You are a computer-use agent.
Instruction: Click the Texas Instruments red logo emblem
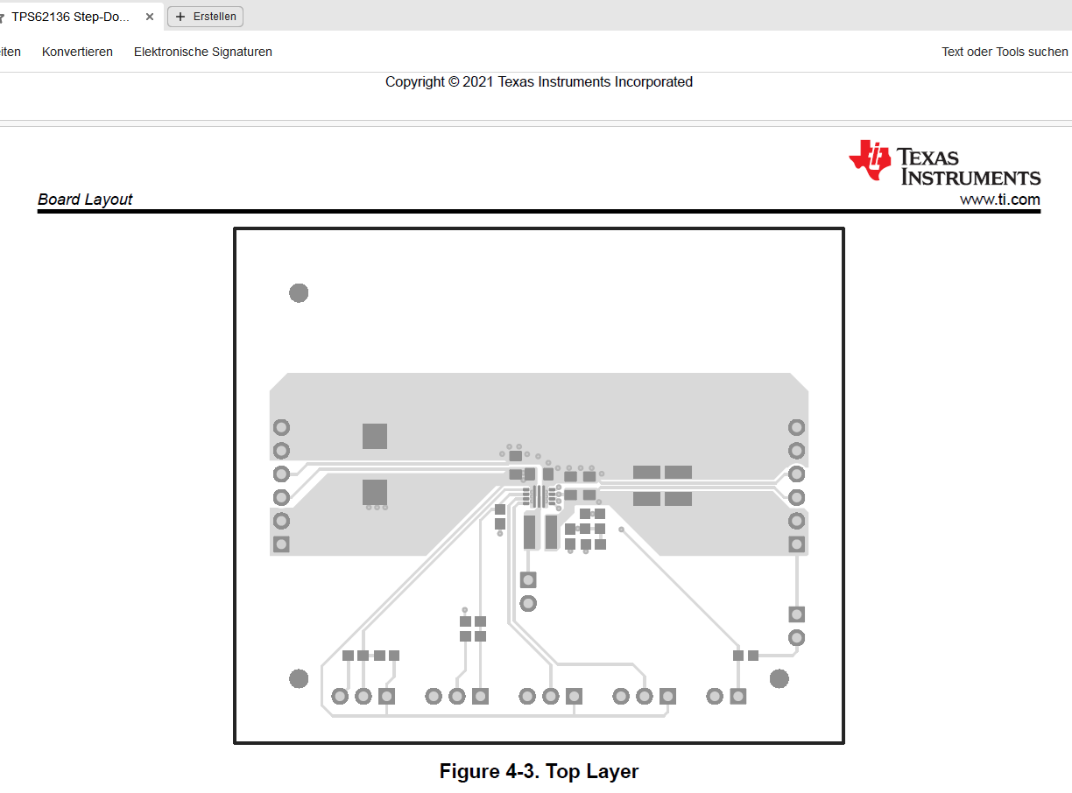point(870,160)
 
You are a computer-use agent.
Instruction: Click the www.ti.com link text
point(999,199)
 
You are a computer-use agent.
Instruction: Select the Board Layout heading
point(85,199)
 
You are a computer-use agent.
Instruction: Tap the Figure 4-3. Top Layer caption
point(539,771)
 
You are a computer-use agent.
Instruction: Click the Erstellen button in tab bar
point(206,17)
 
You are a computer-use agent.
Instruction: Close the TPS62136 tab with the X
point(150,17)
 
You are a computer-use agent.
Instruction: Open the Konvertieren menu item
point(77,52)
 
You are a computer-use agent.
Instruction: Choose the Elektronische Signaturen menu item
point(203,52)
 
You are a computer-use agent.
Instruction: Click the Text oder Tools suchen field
point(1005,52)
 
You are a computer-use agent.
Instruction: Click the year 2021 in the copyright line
point(477,81)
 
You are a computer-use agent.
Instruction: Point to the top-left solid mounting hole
point(299,293)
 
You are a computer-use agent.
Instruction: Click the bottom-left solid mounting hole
point(299,678)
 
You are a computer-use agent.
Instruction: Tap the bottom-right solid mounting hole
point(779,678)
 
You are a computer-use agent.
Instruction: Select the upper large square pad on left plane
point(375,437)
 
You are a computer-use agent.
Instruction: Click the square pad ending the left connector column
point(281,544)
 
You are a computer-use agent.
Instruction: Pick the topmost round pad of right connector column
point(796,428)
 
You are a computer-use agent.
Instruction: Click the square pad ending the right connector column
point(796,544)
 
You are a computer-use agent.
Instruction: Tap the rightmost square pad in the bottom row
point(738,697)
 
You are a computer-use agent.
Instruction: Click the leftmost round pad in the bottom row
point(340,697)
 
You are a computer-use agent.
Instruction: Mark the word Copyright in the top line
point(414,82)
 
